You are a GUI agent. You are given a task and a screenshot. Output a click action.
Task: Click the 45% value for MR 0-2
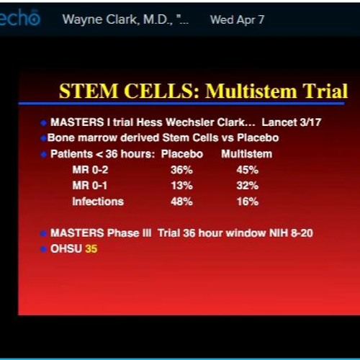(247, 171)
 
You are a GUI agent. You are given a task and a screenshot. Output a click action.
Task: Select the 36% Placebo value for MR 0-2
(181, 171)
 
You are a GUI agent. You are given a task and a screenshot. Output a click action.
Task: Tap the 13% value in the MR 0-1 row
(181, 186)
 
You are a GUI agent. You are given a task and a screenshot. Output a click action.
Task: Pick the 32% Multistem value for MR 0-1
(247, 186)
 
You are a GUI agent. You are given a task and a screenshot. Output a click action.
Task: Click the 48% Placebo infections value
(181, 202)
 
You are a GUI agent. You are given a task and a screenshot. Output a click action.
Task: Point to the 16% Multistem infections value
(247, 202)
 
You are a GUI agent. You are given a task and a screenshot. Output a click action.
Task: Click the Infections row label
(97, 202)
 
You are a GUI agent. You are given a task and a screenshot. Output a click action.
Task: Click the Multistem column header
(246, 154)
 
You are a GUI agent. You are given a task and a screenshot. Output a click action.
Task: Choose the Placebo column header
(181, 154)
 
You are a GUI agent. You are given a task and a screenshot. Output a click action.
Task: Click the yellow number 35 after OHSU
(91, 249)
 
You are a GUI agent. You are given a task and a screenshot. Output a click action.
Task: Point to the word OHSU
(66, 249)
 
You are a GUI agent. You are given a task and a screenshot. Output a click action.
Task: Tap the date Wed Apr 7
(237, 19)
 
